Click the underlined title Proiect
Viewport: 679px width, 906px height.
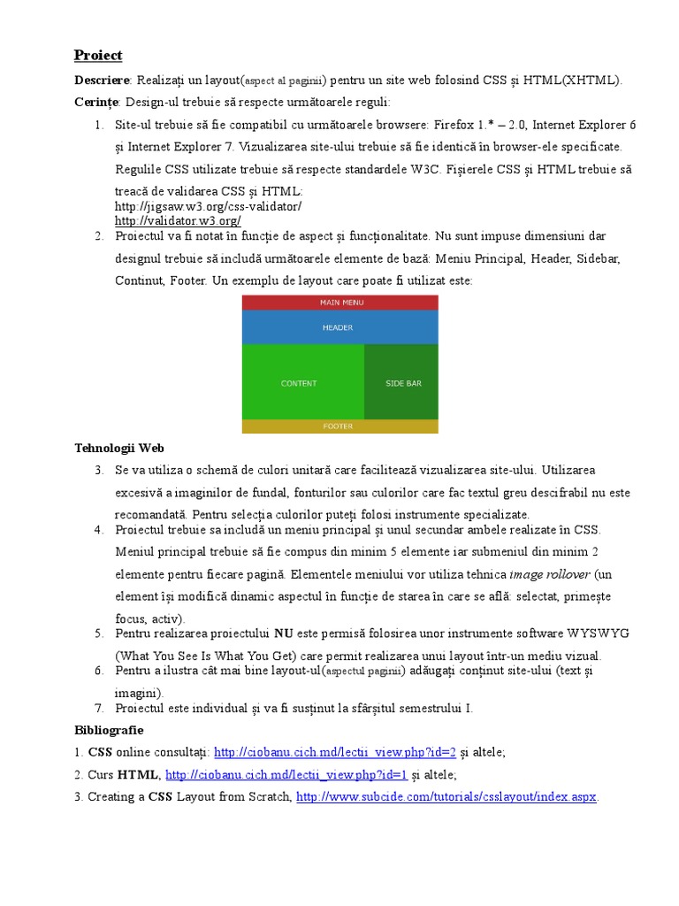coord(97,56)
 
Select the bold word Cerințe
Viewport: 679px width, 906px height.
coord(96,103)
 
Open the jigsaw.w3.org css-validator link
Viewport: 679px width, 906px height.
coord(208,206)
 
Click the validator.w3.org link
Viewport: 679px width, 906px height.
coord(178,220)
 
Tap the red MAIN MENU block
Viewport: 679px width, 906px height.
coord(340,303)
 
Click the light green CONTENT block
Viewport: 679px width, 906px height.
coord(300,383)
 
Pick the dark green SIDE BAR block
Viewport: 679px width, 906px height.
coord(403,383)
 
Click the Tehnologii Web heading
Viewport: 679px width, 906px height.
coord(119,449)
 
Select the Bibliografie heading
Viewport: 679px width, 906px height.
coord(109,731)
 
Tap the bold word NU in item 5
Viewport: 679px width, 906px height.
coord(283,633)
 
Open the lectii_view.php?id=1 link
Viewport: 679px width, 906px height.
coord(286,775)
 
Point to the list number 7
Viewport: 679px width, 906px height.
coord(99,709)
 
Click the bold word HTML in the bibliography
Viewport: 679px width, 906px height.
coord(138,775)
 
